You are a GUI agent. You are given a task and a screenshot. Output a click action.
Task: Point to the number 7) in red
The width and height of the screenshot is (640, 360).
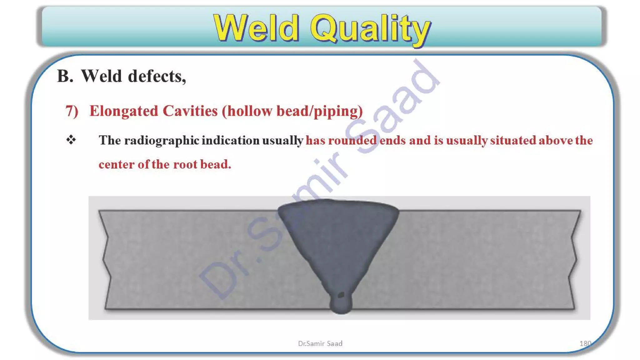tap(72, 111)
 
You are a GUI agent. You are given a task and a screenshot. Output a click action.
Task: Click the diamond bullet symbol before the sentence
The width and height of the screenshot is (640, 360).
tap(71, 140)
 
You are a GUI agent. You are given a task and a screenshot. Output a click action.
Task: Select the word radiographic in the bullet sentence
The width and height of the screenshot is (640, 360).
tap(162, 141)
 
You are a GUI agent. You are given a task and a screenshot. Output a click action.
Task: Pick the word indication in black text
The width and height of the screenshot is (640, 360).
tap(230, 140)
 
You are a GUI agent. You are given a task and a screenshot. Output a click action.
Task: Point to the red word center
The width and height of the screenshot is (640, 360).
tap(117, 164)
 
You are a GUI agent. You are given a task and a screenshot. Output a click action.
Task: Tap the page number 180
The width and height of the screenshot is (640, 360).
tap(585, 343)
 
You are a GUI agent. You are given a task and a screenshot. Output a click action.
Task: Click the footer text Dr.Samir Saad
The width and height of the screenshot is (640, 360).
tap(320, 343)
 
